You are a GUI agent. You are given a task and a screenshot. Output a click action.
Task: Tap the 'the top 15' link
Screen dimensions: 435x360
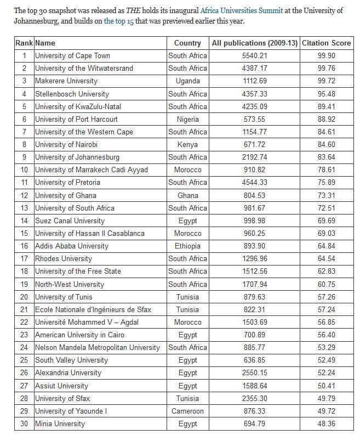(x=119, y=21)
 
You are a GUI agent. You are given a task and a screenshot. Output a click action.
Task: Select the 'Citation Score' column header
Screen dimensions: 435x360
(x=327, y=43)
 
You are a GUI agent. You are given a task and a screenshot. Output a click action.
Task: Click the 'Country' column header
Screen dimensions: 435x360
(x=187, y=43)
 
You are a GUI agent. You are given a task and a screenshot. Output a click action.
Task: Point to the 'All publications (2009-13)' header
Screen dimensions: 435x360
(x=254, y=43)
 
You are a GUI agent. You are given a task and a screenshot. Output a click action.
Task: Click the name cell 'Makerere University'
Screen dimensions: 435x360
(x=66, y=81)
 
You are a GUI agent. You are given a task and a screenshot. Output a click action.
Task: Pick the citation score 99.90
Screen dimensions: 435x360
(x=327, y=55)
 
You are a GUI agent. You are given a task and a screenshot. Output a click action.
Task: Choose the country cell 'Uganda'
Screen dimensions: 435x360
(x=187, y=81)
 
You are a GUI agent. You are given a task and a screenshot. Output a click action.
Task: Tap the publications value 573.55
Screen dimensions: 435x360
(x=254, y=119)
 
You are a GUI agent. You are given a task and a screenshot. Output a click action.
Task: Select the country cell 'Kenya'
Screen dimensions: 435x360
(x=187, y=144)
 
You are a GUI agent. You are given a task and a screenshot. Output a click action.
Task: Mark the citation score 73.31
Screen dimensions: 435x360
(x=327, y=195)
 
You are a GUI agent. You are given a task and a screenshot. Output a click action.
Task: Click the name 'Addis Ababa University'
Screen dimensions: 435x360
(x=72, y=246)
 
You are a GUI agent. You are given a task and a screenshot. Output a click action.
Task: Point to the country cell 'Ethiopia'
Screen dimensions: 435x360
(x=187, y=246)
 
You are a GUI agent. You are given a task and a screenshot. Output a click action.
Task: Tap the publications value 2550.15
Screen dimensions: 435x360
(x=254, y=373)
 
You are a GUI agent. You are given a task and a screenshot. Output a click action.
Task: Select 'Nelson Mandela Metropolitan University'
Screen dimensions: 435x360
(x=98, y=347)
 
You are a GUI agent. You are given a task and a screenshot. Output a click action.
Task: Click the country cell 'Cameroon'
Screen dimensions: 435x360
(x=187, y=411)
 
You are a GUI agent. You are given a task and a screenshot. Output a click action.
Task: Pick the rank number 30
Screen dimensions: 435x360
(x=24, y=423)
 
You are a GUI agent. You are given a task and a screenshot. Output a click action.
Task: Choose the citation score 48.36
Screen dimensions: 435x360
(x=327, y=423)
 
